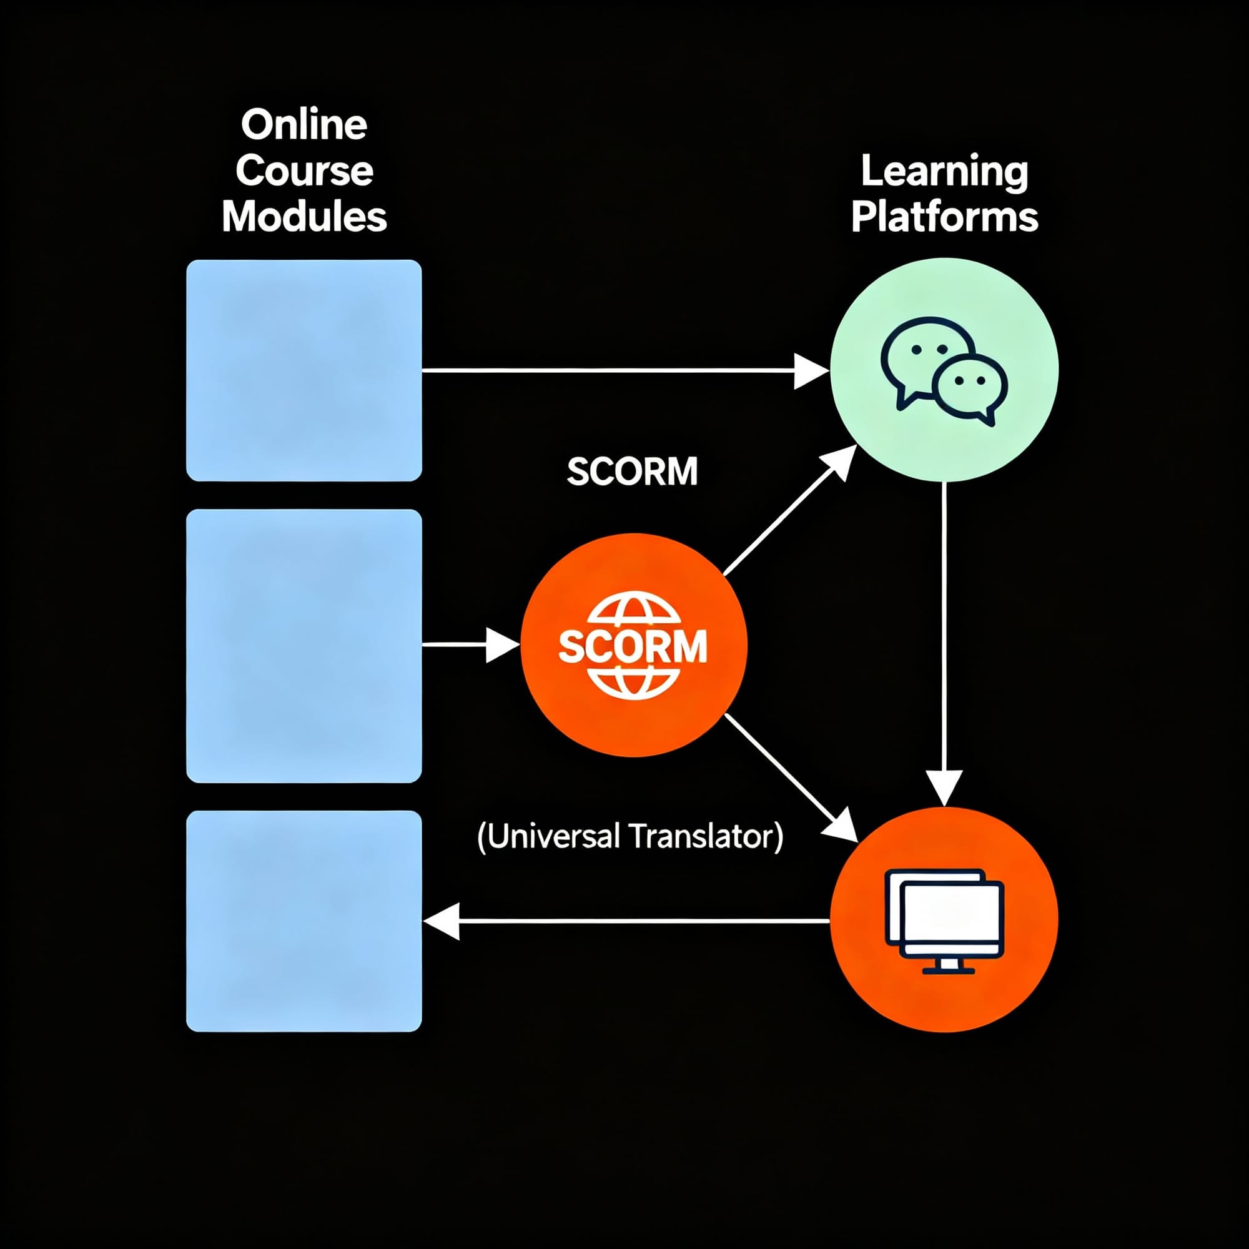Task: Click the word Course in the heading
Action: pos(304,170)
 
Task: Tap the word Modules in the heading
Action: pos(304,216)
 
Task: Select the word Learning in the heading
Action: pos(944,172)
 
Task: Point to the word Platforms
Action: pos(944,217)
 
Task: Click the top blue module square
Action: pos(304,370)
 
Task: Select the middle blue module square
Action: pos(304,646)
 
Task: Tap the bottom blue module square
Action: pos(304,921)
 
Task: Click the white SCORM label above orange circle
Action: pos(632,471)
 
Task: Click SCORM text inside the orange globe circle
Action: pos(632,646)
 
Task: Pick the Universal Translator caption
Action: pos(630,836)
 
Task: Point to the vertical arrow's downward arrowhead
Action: pos(944,787)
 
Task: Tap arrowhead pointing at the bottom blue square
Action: pos(442,921)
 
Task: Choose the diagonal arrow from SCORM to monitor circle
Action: pos(789,776)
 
